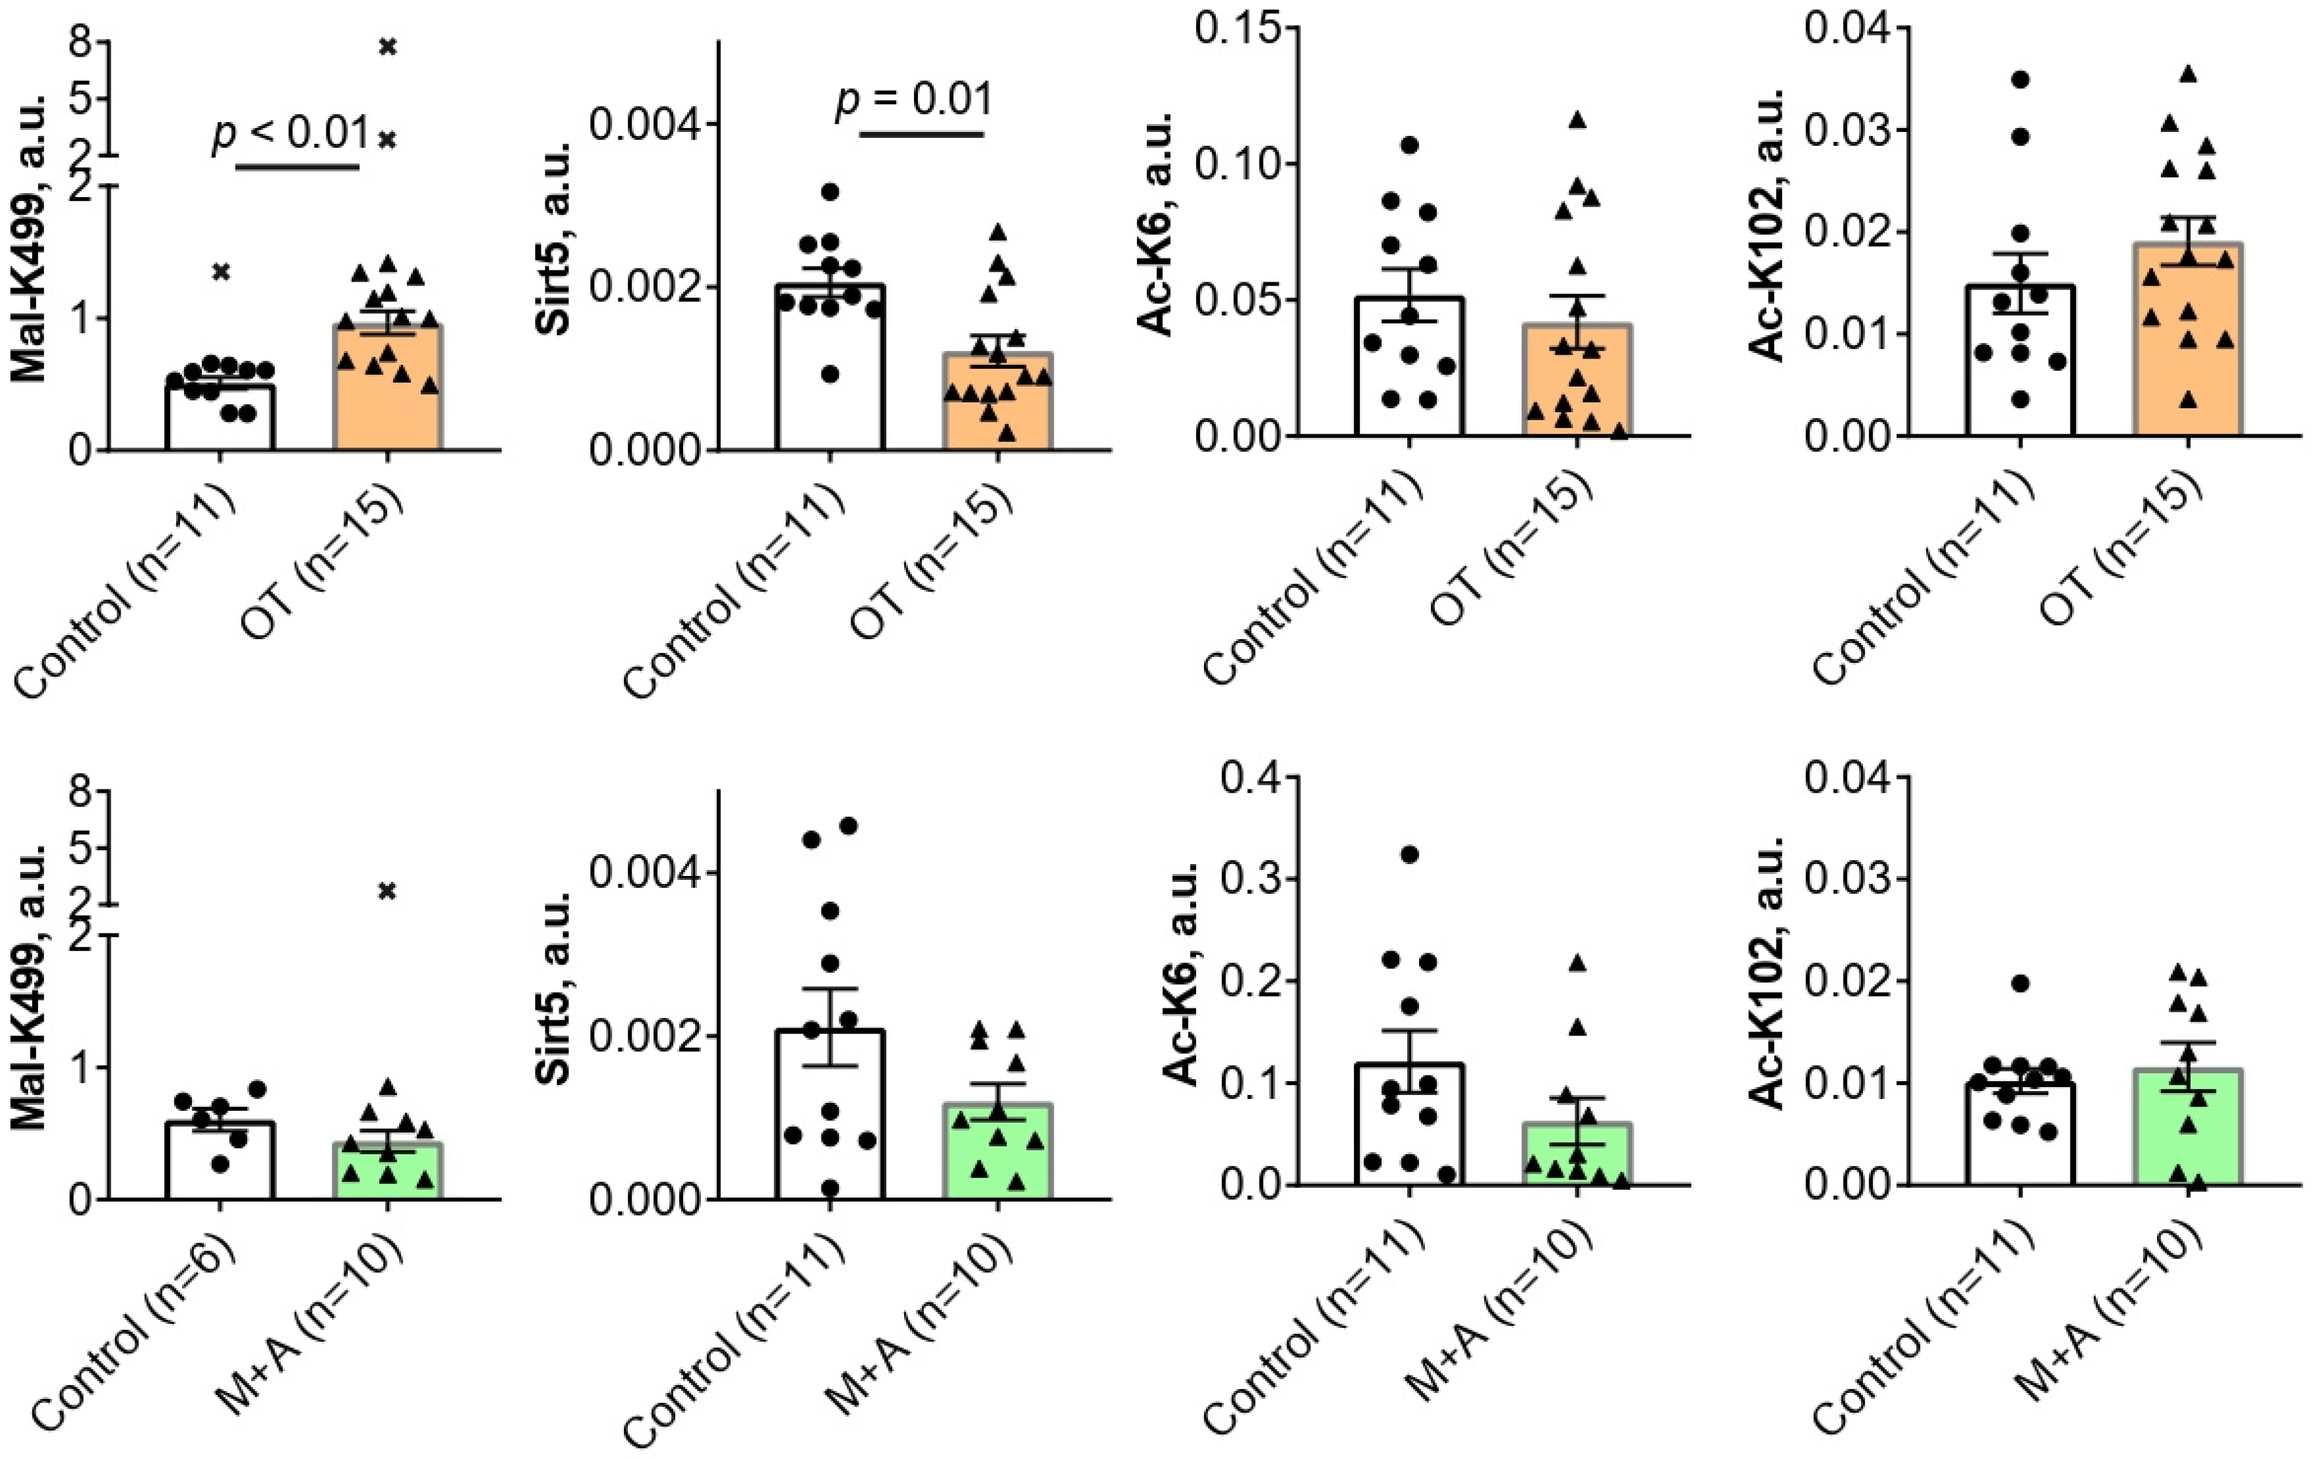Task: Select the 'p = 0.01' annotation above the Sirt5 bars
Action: [914, 100]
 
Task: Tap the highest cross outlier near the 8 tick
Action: [387, 46]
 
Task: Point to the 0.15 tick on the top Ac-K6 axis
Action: [1238, 28]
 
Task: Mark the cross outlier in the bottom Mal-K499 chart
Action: [387, 891]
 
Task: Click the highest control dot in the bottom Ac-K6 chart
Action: [1409, 854]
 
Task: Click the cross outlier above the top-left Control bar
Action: [221, 272]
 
